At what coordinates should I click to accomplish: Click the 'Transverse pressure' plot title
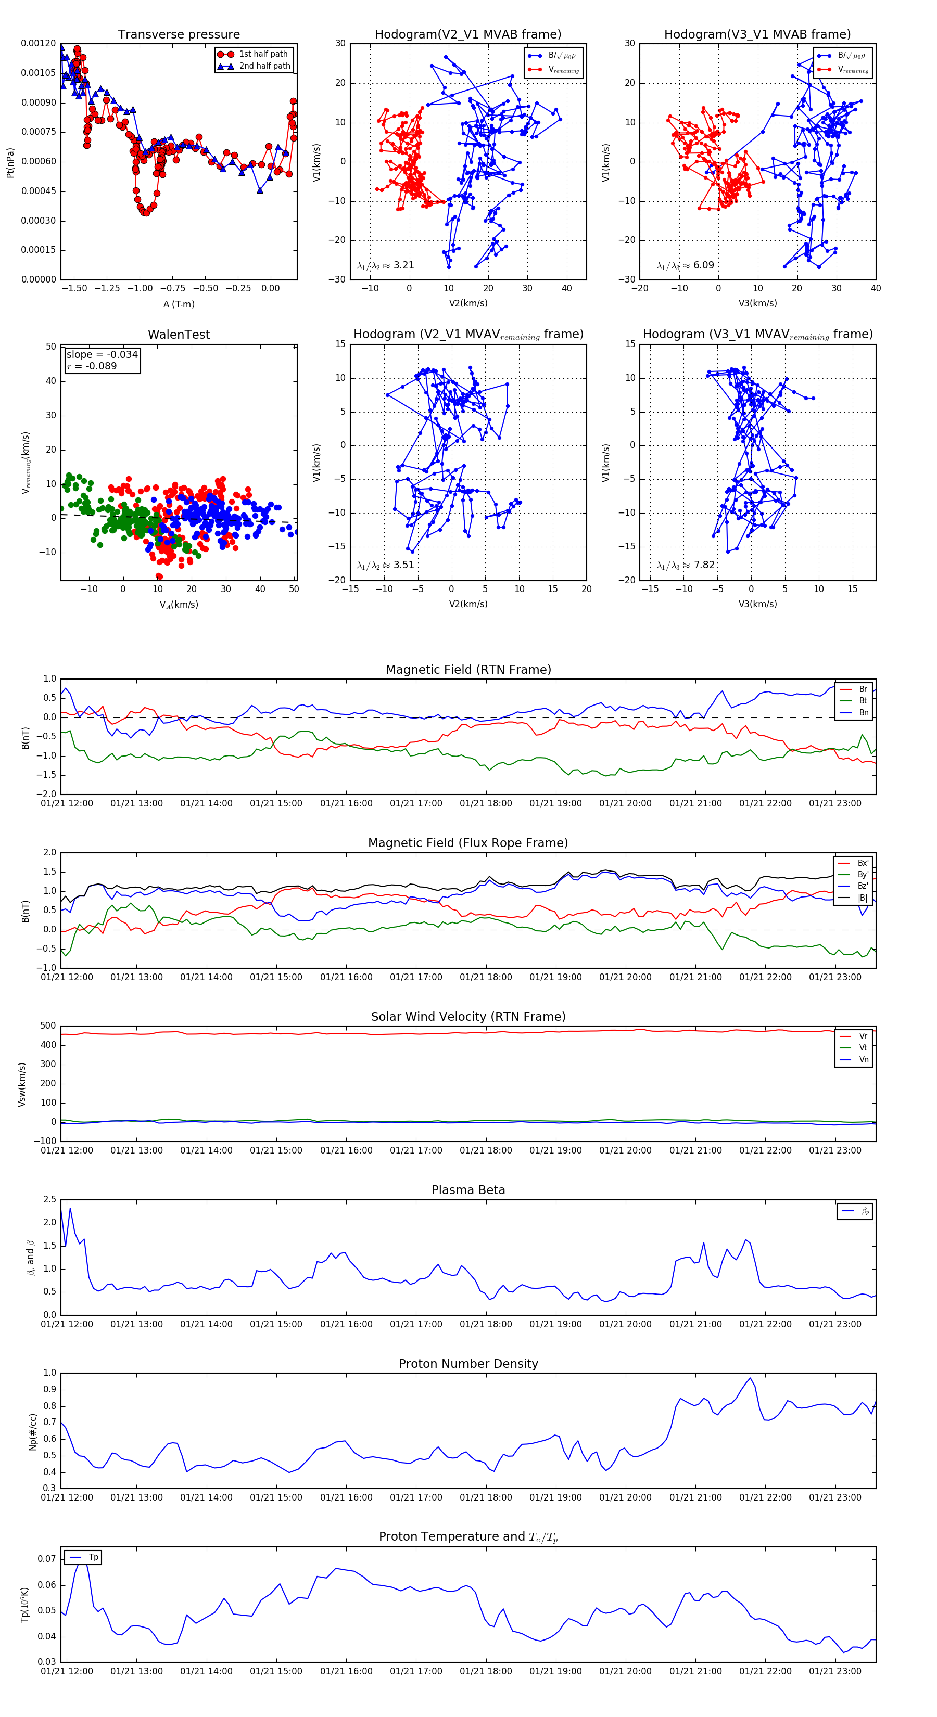point(179,35)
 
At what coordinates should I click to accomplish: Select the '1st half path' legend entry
point(263,54)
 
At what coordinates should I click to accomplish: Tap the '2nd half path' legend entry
point(264,66)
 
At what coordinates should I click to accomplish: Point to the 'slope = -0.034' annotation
point(102,355)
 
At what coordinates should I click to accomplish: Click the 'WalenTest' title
point(179,335)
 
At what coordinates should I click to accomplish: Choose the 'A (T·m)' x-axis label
point(179,304)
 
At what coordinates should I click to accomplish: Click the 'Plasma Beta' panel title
point(468,1190)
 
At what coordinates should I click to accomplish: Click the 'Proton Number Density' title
point(468,1364)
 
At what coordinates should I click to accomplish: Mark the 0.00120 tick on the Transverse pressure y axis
point(38,43)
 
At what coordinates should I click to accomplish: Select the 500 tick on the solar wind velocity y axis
point(48,1026)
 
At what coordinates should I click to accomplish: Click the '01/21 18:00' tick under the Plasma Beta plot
point(486,1324)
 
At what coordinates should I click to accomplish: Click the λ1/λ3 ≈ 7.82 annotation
point(686,565)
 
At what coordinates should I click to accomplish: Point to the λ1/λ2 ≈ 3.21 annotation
point(385,265)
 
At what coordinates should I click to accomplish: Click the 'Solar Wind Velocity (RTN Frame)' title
point(468,1017)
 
